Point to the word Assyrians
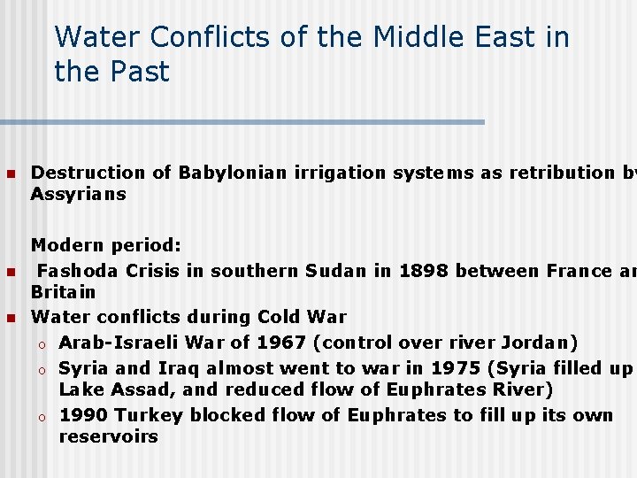79,194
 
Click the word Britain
63,292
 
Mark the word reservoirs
109,436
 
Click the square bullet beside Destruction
11,173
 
